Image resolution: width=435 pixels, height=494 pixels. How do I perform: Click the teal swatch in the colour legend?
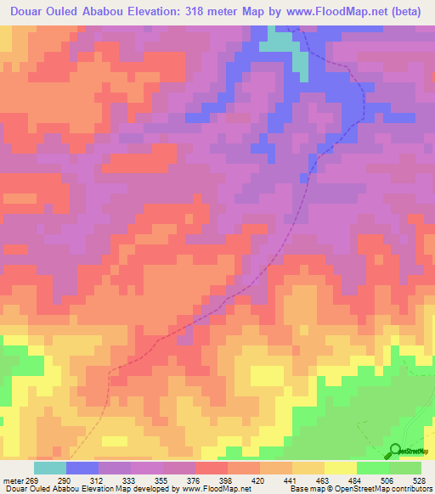50,468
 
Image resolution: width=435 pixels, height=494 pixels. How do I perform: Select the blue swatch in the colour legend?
82,468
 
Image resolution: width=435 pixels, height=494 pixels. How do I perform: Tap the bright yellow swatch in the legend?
341,468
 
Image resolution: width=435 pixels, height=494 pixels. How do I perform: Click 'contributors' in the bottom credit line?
411,488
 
